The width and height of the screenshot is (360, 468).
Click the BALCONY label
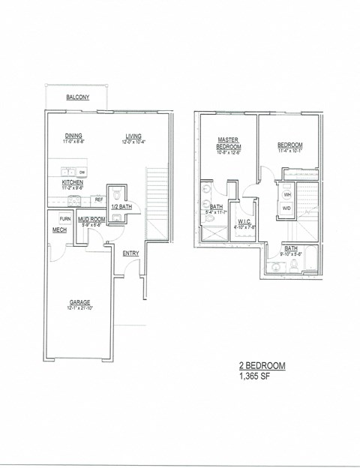(78, 98)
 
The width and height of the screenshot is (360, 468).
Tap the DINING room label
(74, 136)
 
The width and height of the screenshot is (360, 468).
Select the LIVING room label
(133, 136)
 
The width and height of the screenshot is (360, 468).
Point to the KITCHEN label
(73, 182)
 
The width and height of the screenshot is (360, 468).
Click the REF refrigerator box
(98, 199)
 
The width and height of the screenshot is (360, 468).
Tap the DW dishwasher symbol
(82, 172)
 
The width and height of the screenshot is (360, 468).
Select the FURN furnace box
(66, 218)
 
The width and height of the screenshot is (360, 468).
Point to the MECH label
(60, 231)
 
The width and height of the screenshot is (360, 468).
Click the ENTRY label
(130, 253)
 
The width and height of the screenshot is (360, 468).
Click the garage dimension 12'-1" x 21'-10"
(80, 308)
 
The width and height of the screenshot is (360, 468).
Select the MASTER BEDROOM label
(227, 142)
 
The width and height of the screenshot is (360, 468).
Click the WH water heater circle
(286, 194)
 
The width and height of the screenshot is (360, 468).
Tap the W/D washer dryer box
(286, 208)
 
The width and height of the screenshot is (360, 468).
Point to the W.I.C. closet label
(244, 222)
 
